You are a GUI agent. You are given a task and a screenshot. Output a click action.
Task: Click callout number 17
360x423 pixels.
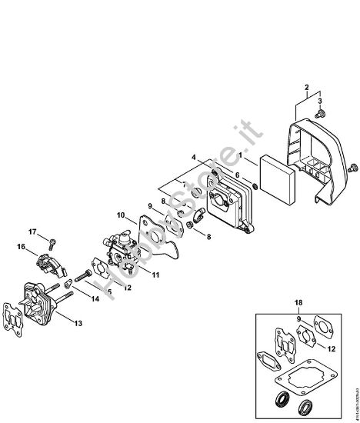point(32,231)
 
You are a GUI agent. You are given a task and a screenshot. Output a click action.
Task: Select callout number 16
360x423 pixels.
point(22,247)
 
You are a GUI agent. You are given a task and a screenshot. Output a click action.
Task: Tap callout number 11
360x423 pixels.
point(155,274)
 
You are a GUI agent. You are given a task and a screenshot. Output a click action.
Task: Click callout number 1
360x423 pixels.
point(244,157)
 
